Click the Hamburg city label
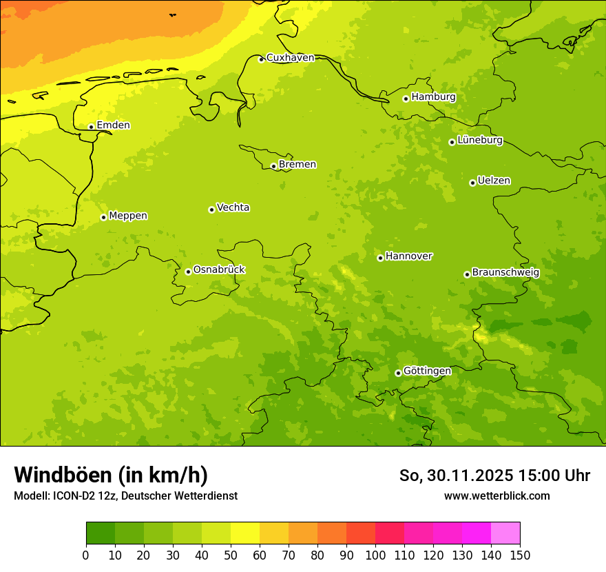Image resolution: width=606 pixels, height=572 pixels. tap(433, 97)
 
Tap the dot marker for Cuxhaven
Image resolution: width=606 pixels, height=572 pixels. tap(261, 59)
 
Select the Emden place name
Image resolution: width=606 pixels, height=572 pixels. tap(113, 125)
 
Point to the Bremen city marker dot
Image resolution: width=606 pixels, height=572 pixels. tap(273, 166)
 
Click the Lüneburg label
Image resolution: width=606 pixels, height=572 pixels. tap(479, 141)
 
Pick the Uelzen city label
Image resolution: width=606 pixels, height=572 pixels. tap(494, 181)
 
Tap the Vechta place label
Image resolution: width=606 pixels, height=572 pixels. tap(233, 207)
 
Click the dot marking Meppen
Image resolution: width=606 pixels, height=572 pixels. tap(103, 217)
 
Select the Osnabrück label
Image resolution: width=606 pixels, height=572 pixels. tap(219, 270)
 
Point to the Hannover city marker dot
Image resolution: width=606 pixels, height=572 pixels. tap(380, 258)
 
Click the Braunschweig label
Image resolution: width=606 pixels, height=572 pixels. tap(505, 273)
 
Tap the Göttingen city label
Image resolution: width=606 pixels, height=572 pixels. tap(427, 371)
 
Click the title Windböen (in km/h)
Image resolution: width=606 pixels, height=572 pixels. tap(111, 475)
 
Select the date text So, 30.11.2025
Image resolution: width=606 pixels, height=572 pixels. tap(456, 476)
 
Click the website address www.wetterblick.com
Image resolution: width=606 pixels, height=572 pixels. tap(497, 496)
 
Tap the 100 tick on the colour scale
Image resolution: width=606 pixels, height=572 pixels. tap(375, 555)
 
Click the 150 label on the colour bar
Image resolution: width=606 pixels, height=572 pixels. tap(520, 555)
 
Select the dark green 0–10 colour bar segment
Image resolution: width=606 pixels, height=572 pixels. tap(101, 533)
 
